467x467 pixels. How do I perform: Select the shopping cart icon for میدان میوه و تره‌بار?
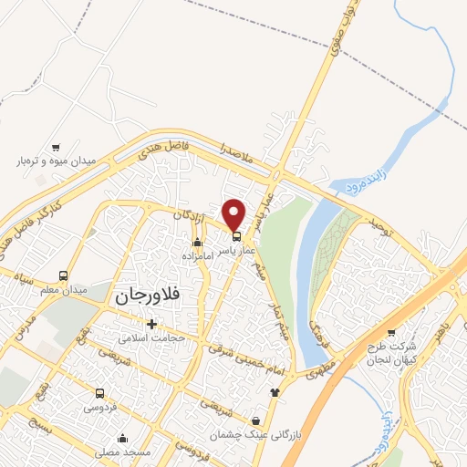56,147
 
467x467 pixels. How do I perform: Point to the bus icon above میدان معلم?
63,275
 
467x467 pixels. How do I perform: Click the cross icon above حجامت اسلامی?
151,324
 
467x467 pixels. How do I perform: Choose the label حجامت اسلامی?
151,337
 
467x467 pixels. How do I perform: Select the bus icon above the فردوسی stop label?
99,394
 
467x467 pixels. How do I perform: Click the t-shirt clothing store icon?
275,392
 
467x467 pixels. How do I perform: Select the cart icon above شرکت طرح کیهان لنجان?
392,332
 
